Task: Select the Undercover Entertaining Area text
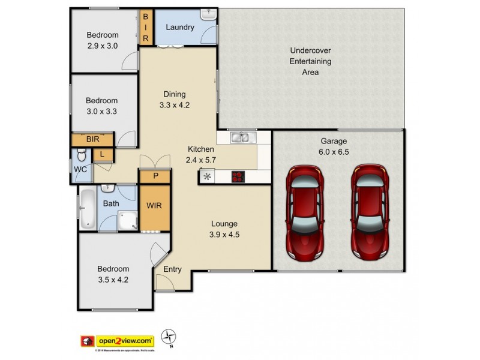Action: [310, 61]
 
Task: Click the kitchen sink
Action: [242, 139]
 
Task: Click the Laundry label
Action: [179, 28]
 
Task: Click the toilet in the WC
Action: [82, 158]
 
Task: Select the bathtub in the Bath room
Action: [88, 209]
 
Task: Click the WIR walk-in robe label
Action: [154, 206]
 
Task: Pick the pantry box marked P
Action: [155, 176]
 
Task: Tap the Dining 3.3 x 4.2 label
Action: [175, 99]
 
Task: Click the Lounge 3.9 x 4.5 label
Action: [224, 229]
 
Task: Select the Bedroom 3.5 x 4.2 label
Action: [113, 274]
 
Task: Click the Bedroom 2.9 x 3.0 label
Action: [102, 40]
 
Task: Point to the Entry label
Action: [172, 269]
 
